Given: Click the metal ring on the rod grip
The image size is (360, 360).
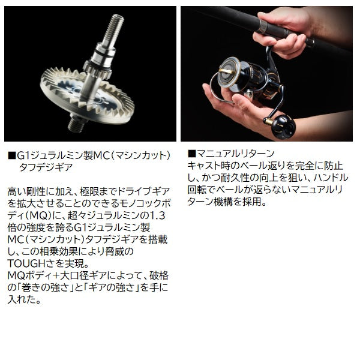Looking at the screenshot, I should pos(309,42).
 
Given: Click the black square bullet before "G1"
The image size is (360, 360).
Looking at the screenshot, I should pos(11,152).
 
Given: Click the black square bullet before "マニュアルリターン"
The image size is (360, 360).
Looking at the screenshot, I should pos(191,152).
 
